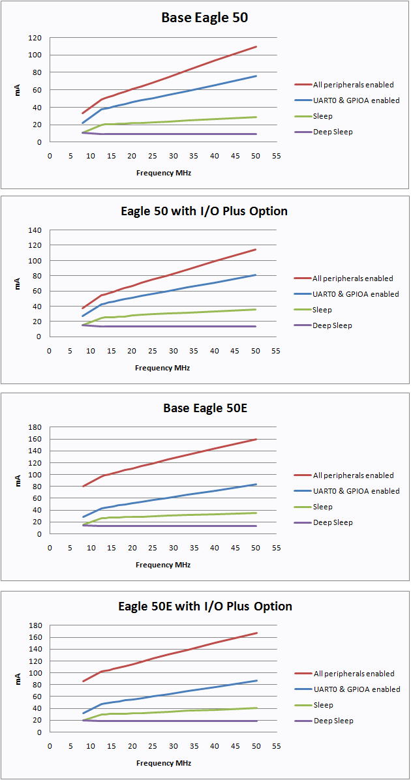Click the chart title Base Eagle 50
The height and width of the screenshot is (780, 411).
204,18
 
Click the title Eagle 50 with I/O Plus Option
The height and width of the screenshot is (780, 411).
204,211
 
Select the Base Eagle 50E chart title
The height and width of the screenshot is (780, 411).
205,408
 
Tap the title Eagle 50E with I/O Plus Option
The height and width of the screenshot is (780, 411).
205,606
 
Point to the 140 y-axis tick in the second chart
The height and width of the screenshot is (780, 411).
34,230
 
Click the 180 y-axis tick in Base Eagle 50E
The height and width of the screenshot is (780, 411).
34,427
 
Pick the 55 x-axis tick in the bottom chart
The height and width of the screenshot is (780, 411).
276,745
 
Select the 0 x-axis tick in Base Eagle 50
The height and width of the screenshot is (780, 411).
49,156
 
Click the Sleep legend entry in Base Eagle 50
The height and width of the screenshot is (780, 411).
322,116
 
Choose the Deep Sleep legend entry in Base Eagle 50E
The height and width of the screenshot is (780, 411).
332,522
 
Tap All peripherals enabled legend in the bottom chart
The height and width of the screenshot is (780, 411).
354,674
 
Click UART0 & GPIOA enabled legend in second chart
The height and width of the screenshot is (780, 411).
356,294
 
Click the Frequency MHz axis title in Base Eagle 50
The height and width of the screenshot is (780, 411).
162,173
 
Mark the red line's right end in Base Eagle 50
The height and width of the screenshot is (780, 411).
256,46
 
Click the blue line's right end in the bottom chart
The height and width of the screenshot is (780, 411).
256,680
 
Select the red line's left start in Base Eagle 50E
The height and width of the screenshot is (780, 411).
83,486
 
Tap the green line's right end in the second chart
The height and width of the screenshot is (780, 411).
256,309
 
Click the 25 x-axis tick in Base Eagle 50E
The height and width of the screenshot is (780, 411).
153,548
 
